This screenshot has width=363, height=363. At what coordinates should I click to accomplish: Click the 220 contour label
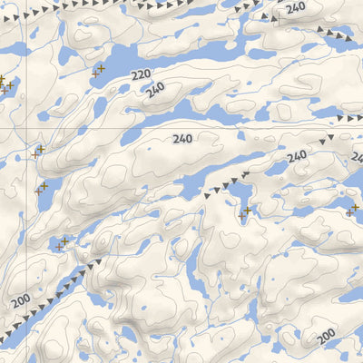(x=140, y=75)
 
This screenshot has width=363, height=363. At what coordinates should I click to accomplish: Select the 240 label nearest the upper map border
(x=295, y=8)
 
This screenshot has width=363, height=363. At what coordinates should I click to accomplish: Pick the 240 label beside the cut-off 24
(x=297, y=157)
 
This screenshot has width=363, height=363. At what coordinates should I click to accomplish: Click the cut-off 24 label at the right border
(x=357, y=158)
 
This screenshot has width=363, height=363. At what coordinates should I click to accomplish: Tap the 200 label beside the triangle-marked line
(x=21, y=299)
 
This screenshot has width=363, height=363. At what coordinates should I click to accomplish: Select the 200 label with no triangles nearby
(x=326, y=336)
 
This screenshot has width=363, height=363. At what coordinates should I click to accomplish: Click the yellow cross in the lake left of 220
(x=100, y=68)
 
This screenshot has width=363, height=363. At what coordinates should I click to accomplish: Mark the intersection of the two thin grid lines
(x=26, y=128)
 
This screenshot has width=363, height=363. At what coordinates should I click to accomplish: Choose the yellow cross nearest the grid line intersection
(x=40, y=149)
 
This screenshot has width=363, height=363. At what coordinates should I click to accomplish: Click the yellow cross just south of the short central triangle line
(x=247, y=211)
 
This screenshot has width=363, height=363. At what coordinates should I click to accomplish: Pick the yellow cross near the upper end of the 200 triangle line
(x=64, y=241)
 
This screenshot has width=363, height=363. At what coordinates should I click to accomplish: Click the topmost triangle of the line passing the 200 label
(x=97, y=260)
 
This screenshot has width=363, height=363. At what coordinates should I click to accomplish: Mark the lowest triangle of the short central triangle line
(x=207, y=194)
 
